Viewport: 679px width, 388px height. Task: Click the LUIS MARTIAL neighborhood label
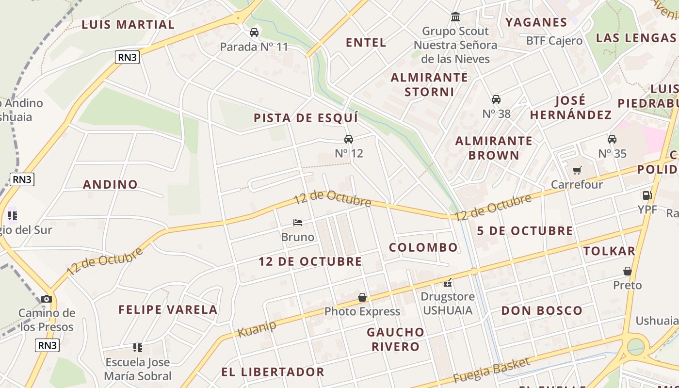[128, 24]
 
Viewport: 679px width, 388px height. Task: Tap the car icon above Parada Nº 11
[254, 32]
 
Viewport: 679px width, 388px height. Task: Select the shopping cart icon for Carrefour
[577, 170]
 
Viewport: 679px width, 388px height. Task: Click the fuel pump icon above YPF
[647, 195]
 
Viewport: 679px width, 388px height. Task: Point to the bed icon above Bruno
[298, 223]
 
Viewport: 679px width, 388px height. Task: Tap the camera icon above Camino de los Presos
[47, 299]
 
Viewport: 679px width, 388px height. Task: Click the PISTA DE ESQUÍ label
[306, 118]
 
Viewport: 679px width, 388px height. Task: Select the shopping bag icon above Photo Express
[362, 297]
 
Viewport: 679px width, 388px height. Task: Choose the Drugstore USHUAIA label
[448, 303]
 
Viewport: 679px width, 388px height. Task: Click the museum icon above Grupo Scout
[455, 17]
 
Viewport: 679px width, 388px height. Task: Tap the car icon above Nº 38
[496, 99]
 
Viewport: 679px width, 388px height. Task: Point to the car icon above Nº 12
[349, 139]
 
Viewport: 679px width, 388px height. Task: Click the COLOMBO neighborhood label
[423, 247]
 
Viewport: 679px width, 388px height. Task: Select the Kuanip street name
[257, 329]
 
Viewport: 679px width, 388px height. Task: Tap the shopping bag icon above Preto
[628, 271]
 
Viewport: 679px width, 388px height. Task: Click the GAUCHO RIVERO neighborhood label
[396, 339]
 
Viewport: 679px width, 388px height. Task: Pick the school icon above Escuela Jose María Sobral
[138, 347]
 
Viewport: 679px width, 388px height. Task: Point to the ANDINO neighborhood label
[111, 184]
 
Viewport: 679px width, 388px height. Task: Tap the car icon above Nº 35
[612, 139]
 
